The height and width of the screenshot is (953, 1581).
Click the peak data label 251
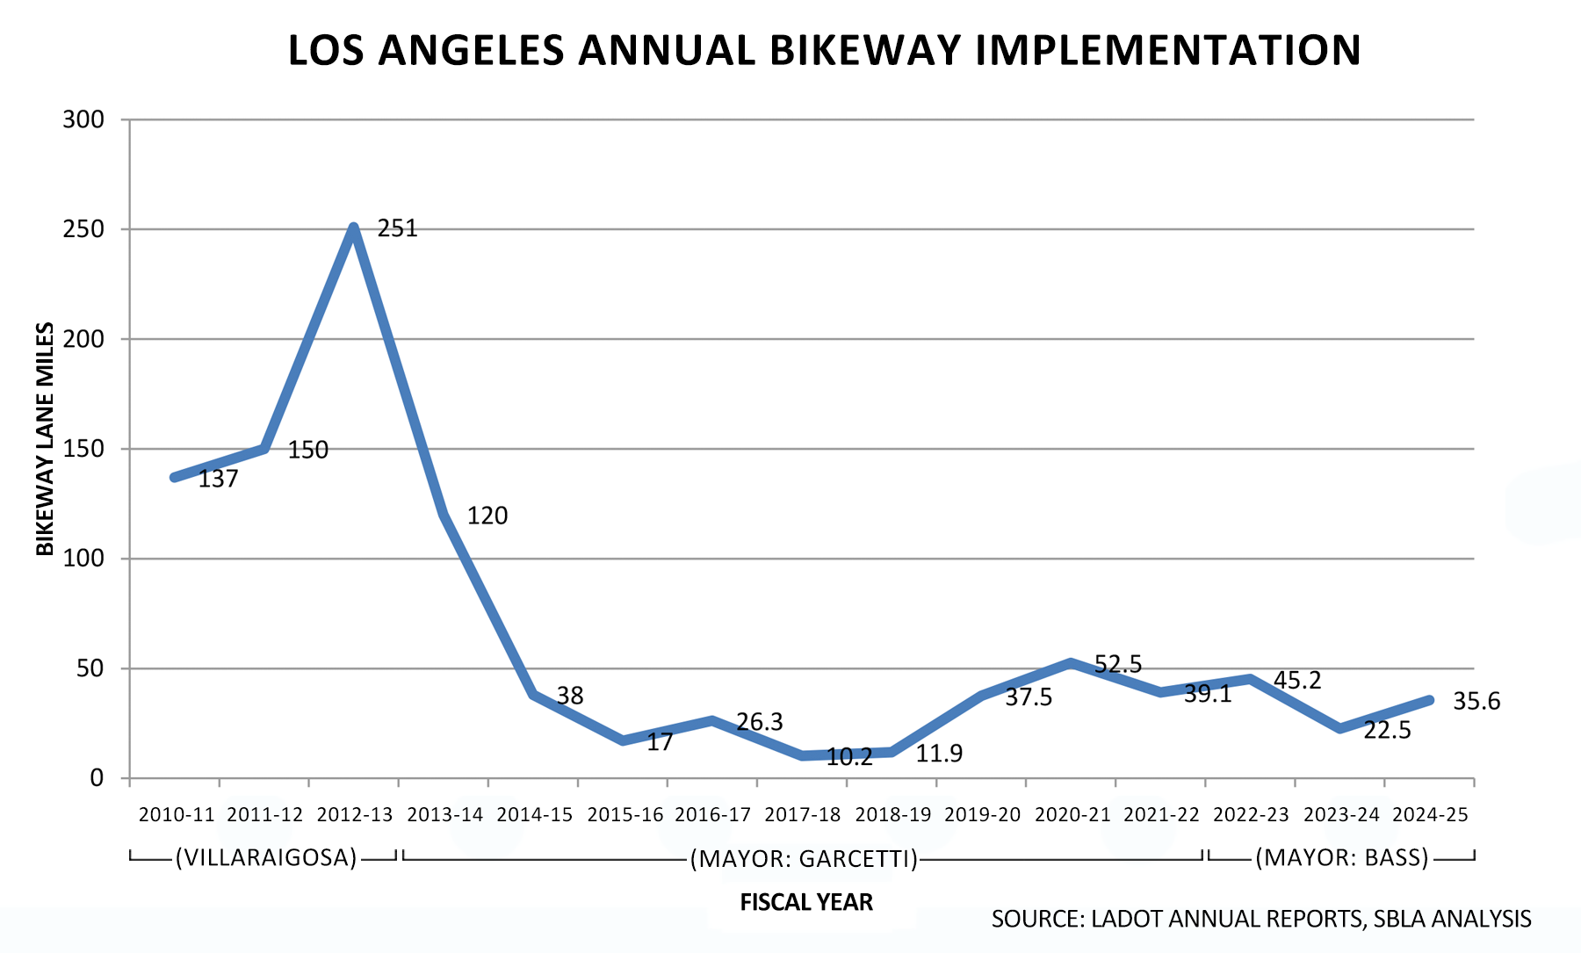397,228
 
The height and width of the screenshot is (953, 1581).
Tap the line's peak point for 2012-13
353,228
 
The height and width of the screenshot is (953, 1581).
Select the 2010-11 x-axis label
177,814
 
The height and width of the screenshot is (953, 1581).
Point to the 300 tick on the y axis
83,119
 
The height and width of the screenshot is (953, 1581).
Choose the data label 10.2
849,757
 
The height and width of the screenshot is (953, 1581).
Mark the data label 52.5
1118,665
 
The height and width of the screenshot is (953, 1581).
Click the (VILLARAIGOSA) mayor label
266,857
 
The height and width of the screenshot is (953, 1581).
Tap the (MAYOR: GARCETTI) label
804,858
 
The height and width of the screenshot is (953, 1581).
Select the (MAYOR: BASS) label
1341,857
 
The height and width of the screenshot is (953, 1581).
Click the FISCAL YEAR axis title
806,902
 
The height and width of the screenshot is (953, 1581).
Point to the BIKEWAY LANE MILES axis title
45,439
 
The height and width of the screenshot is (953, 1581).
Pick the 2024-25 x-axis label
1431,814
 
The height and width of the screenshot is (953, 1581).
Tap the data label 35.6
1476,702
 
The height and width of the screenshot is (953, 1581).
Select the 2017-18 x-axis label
803,814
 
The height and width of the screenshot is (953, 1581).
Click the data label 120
487,516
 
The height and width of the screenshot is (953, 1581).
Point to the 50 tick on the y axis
90,668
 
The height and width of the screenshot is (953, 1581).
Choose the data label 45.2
1297,681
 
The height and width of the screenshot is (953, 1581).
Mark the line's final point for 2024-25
1430,700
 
